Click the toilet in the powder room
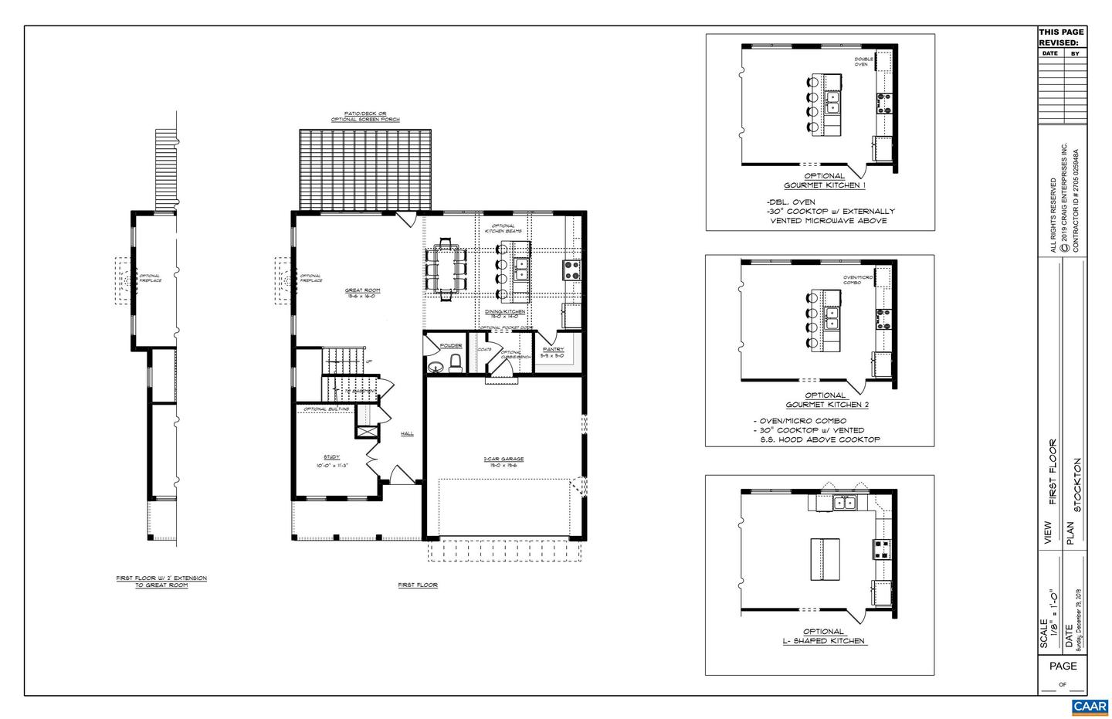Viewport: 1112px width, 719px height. pos(455,363)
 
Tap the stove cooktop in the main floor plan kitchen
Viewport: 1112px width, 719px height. pos(572,269)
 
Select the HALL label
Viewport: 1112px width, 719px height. pos(407,433)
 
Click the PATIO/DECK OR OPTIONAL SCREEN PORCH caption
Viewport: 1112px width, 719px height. pos(365,117)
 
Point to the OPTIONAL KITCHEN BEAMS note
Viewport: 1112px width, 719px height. pos(503,229)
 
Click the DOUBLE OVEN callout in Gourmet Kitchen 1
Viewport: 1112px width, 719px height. pos(861,62)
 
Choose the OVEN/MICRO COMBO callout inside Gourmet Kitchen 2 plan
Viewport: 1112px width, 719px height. pos(857,280)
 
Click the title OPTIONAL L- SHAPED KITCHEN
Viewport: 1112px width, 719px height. pos(824,636)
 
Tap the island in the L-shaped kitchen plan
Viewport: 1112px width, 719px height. pos(824,559)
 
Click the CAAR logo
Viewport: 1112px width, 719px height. pos(1090,707)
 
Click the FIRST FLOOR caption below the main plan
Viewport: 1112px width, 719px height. pos(418,585)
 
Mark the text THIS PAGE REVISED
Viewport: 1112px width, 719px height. pos(1061,37)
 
